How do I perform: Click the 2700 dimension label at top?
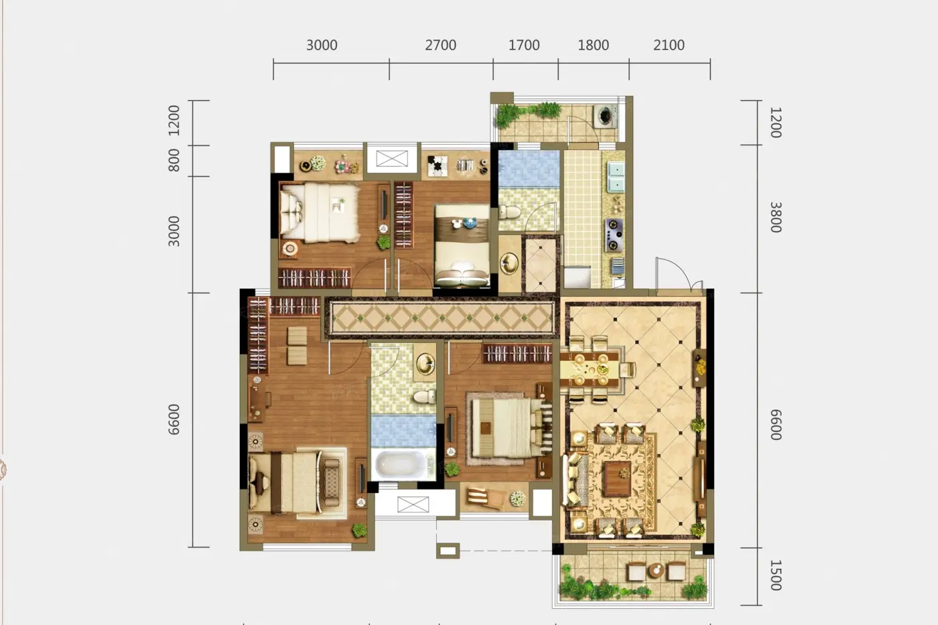pos(441,45)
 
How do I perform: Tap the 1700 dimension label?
pos(524,45)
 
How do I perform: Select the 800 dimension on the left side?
pos(174,160)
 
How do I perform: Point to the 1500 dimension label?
pos(776,575)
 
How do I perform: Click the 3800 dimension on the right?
pos(776,217)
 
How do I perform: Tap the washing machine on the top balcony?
pos(605,115)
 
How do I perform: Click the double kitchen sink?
pos(616,177)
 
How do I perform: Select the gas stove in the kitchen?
pos(614,235)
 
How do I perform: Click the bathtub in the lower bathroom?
pos(403,464)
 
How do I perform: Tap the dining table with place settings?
pos(590,369)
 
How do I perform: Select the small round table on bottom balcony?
pos(656,570)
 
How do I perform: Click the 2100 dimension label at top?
pos(669,45)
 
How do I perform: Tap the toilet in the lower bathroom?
pos(424,397)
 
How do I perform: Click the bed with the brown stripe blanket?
pos(462,246)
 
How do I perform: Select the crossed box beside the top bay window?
pos(392,159)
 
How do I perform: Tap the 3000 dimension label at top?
pos(322,45)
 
